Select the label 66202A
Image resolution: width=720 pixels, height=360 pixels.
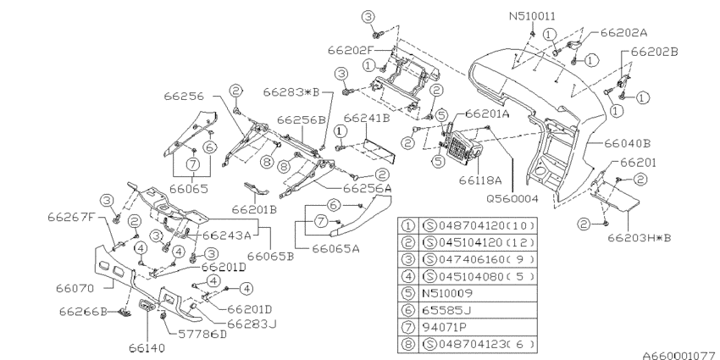(x=624, y=32)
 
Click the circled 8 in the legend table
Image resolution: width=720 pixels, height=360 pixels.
(x=407, y=343)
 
